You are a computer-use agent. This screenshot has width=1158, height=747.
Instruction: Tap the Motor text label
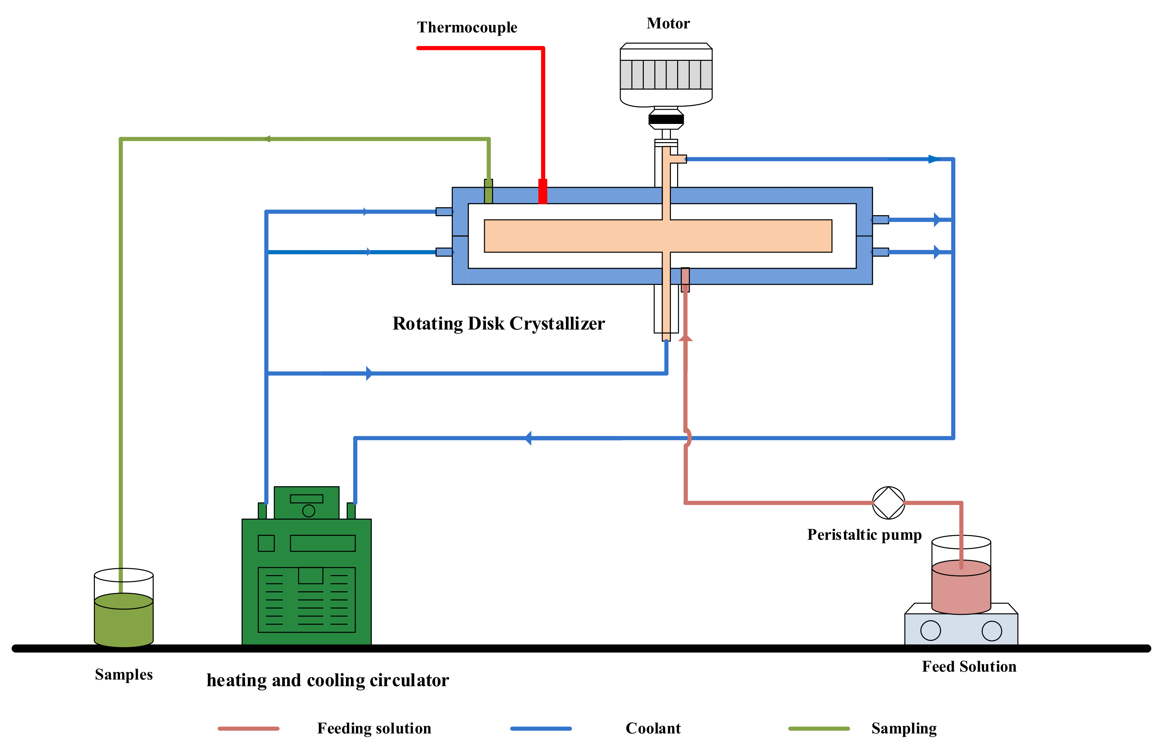tap(668, 23)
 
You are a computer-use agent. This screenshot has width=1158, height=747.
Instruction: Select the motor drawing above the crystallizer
tap(666, 86)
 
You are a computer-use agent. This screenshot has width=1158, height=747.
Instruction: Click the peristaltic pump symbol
tap(888, 502)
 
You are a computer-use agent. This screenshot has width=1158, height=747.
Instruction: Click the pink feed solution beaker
tap(961, 575)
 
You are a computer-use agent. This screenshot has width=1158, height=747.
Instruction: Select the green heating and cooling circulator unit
tap(306, 566)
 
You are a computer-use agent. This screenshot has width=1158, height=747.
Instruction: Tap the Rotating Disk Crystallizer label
tap(498, 324)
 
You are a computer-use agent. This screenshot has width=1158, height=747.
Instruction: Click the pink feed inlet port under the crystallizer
tap(685, 280)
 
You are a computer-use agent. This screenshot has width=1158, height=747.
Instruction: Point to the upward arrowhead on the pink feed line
tap(685, 337)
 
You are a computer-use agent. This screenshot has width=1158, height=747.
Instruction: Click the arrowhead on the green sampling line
tap(267, 139)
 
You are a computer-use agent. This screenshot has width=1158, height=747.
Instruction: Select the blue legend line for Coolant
tap(541, 728)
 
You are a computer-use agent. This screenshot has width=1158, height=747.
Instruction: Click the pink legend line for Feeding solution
tap(248, 728)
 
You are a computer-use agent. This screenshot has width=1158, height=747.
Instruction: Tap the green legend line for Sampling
tap(819, 728)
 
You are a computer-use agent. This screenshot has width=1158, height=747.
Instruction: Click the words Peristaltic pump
tap(864, 534)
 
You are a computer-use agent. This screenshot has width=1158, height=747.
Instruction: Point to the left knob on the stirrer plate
tap(930, 631)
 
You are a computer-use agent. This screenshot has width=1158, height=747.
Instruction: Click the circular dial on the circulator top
tap(308, 510)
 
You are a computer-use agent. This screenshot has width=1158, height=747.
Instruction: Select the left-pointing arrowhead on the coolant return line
tap(528, 438)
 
